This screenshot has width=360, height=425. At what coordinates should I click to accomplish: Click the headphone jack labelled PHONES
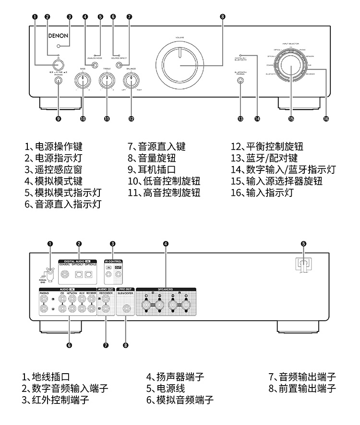point(59,81)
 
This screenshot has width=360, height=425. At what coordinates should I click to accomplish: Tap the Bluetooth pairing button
point(240,81)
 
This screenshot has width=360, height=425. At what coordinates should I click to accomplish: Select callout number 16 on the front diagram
point(326,119)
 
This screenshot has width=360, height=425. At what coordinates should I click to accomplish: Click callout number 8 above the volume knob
point(222,16)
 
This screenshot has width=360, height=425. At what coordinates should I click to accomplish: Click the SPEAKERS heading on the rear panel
point(165,290)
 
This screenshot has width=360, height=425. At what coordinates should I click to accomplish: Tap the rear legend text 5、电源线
point(166,388)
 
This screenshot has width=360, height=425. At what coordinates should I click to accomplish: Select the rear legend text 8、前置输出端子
point(302,388)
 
